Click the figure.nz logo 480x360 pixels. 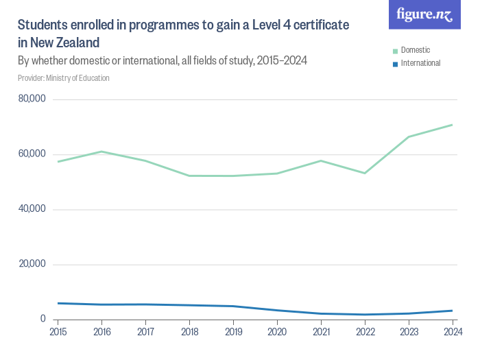pos(424,14)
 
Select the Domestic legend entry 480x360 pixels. pos(416,50)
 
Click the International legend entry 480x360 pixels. pos(420,63)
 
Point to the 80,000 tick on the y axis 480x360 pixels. pos(32,99)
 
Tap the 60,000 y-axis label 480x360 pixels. pos(32,154)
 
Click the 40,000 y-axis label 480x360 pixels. pos(32,209)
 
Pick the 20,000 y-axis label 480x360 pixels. pos(32,264)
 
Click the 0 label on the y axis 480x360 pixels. pos(42,319)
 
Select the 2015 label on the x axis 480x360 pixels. pos(58,332)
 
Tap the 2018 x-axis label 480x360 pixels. pos(189,332)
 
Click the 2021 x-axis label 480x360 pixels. pos(321,332)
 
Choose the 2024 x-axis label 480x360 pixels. pos(452,332)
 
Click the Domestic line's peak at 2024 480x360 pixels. pos(452,125)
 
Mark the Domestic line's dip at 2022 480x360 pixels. pos(365,173)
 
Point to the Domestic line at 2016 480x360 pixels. pos(101,152)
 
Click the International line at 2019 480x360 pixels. pos(233,306)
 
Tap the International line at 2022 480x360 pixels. pos(365,315)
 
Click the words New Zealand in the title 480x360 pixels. pos(58,43)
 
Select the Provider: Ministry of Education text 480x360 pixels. pos(64,78)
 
